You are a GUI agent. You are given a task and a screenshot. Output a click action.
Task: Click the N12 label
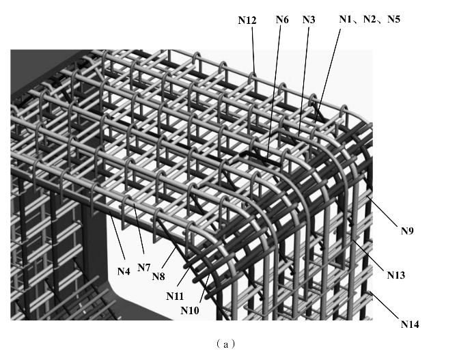tap(247, 21)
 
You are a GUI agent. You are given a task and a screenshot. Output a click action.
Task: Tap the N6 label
tap(282, 20)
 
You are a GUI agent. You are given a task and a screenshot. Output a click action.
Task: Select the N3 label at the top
tap(308, 20)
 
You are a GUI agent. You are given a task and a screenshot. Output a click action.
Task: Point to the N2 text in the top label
tap(370, 20)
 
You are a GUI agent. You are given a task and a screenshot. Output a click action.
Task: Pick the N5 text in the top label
tap(393, 20)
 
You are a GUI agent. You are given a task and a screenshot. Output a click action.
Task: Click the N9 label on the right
tap(407, 231)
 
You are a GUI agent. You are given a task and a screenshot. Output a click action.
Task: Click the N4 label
tap(123, 271)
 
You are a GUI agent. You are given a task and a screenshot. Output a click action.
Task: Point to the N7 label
tap(143, 267)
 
